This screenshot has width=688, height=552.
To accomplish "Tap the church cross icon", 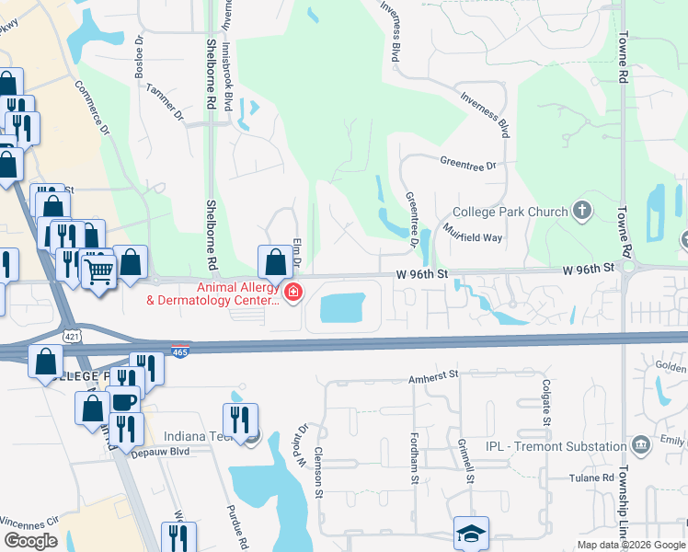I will coord(581,212).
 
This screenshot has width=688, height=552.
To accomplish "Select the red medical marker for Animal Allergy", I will coord(292,293).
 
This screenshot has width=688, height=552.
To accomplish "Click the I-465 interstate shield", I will coord(180,351).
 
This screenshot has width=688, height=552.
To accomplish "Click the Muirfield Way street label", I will coord(473,232).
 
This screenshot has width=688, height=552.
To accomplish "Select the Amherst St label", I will coord(434,376).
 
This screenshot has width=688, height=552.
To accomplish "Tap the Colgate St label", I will coord(546,402).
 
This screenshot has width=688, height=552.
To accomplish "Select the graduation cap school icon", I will coord(471,533).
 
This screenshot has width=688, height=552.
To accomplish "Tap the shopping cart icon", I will coord(98,270).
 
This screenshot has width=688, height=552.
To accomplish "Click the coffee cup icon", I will coord(124,401).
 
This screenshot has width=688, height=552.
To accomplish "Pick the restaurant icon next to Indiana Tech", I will coord(240,420).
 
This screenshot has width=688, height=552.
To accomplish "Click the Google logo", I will coord(30,541).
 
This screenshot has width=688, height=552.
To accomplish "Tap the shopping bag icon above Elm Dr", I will coord(275,262).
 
